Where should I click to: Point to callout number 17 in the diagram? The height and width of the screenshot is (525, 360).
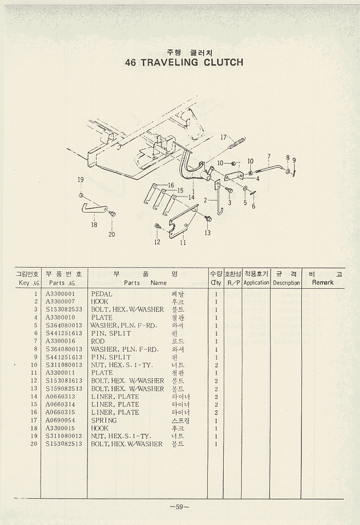pos(224,137)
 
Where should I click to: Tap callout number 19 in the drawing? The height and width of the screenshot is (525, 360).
pos(80,180)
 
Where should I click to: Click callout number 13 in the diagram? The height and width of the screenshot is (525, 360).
pos(207,233)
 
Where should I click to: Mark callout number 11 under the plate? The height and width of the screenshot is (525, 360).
pos(183,243)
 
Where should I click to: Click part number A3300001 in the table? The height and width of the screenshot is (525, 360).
pos(61,294)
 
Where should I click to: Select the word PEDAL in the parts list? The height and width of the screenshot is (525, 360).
pos(101,294)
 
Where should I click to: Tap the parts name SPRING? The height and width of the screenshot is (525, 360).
pos(104,420)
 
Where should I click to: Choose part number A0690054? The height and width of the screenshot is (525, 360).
pos(61,420)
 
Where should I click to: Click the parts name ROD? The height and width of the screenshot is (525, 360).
pos(98,341)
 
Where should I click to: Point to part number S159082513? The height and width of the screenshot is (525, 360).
pos(64,389)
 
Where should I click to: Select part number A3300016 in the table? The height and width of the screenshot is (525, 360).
pos(61,341)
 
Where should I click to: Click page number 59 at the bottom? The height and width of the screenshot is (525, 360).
pos(179,506)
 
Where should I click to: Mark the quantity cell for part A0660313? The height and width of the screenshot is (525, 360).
pos(216,397)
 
